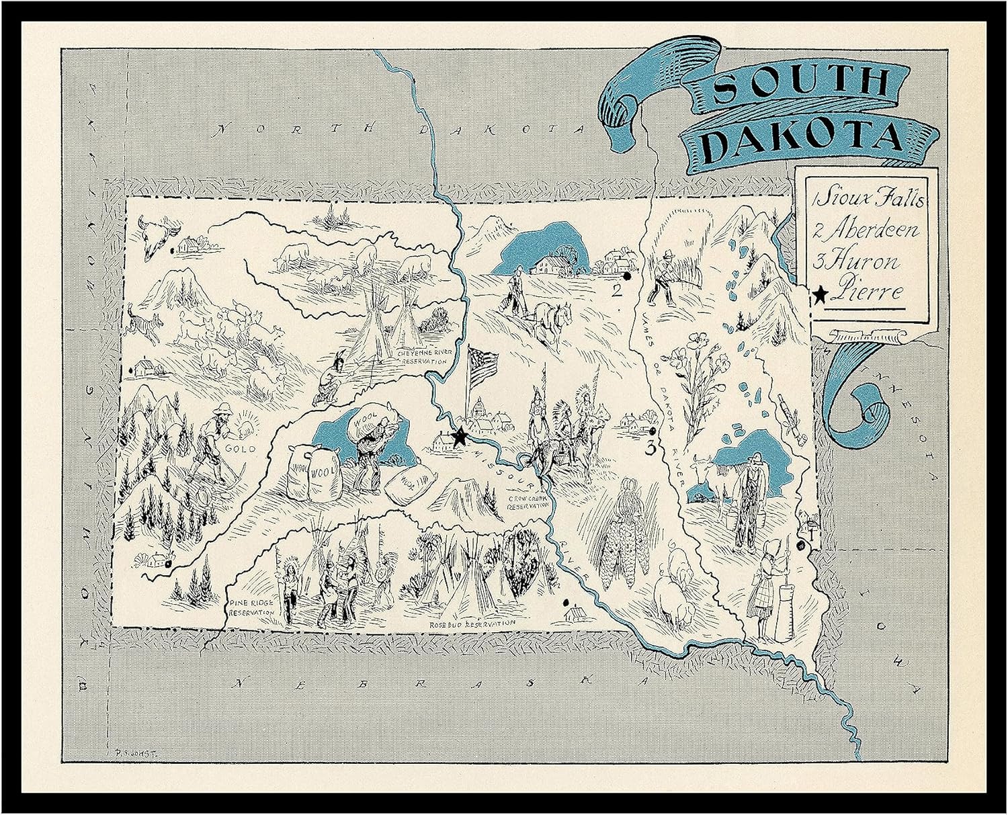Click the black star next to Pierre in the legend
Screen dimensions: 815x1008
coord(820,294)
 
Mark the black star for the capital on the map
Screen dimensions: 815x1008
coord(460,437)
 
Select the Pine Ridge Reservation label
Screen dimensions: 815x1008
coord(250,608)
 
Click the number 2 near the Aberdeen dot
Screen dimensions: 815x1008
coord(614,291)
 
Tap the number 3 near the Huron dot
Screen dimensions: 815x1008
coord(650,449)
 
